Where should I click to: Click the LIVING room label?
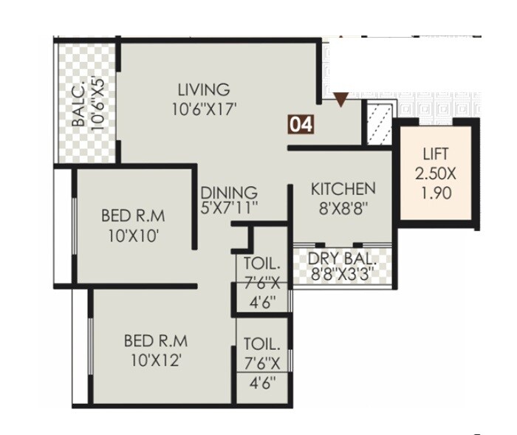[203, 89]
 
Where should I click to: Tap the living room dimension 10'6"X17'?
[203, 108]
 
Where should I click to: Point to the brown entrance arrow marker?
[340, 99]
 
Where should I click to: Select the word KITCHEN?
[343, 188]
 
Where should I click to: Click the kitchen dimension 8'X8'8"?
[343, 208]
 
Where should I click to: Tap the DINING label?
[229, 193]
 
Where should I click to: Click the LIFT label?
[436, 155]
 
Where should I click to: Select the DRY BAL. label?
[343, 259]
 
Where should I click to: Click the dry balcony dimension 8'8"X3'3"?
[343, 275]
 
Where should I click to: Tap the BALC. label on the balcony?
[79, 103]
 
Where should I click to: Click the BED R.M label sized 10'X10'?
[134, 217]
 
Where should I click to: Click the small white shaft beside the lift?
[377, 123]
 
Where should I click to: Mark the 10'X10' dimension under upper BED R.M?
[134, 236]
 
